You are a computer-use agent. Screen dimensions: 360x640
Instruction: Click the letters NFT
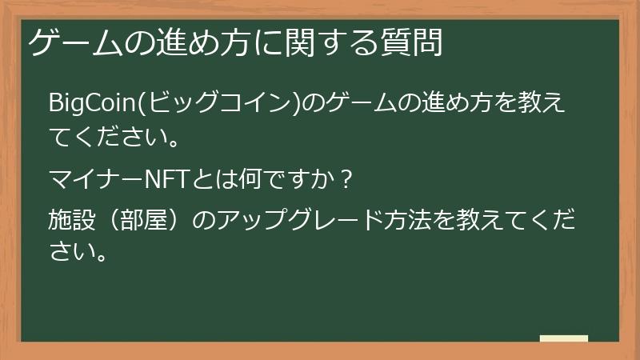[x=162, y=178]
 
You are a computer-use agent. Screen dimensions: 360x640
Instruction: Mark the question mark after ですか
[x=346, y=178]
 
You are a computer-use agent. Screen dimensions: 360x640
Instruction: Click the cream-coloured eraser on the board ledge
[x=563, y=339]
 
